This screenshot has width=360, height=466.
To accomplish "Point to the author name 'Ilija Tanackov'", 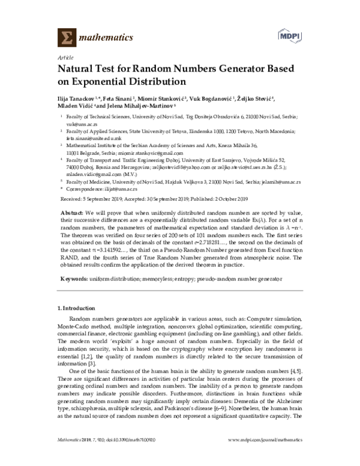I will (82, 98).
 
